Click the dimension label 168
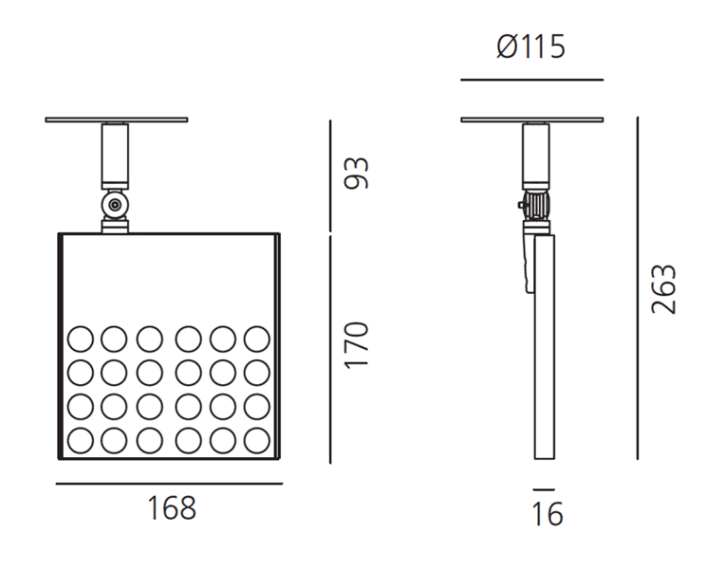pyautogui.click(x=172, y=508)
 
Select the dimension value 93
pyautogui.click(x=356, y=174)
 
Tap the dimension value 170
pyautogui.click(x=356, y=345)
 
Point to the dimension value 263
pyautogui.click(x=663, y=289)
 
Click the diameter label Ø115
pyautogui.click(x=531, y=46)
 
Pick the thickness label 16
pyautogui.click(x=548, y=514)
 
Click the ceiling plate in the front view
pyautogui.click(x=116, y=119)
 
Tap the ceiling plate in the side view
pyautogui.click(x=531, y=119)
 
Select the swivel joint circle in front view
pyautogui.click(x=115, y=204)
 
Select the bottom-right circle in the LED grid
pyautogui.click(x=256, y=440)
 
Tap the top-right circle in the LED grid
pyautogui.click(x=256, y=339)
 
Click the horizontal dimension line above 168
pyautogui.click(x=169, y=484)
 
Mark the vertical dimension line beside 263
pyautogui.click(x=638, y=289)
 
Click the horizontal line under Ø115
pyautogui.click(x=531, y=80)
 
